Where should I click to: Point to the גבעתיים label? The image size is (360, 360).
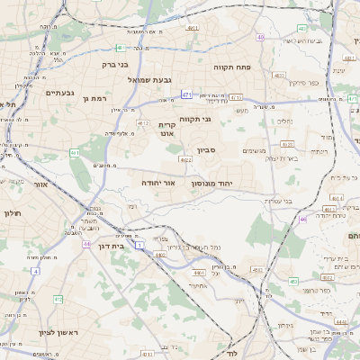[59, 92]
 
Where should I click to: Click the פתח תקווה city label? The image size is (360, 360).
[231, 67]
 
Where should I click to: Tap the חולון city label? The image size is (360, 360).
[12, 213]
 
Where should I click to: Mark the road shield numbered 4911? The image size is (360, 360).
[193, 28]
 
